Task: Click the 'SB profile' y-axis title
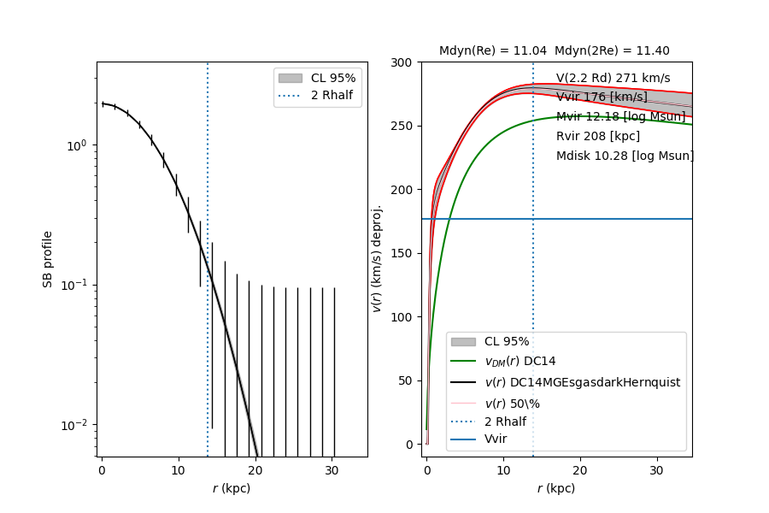tap(49, 258)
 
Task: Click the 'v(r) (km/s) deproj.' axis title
tap(376, 258)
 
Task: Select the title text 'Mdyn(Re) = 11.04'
tap(493, 51)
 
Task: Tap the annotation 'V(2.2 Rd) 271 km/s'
tap(613, 78)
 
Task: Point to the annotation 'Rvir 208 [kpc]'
tap(598, 136)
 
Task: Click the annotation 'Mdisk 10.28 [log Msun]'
tap(625, 156)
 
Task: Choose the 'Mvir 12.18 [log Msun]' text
tap(621, 116)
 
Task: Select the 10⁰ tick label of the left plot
tap(79, 145)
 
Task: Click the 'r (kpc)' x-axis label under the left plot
tap(232, 488)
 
